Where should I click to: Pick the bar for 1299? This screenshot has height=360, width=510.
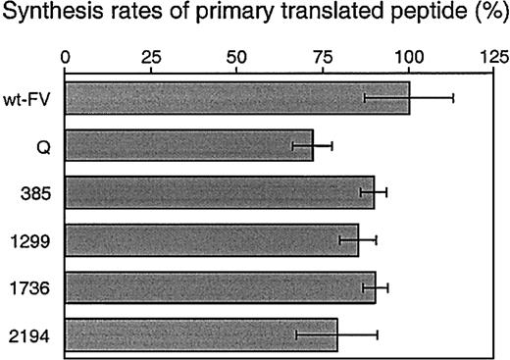coord(211,240)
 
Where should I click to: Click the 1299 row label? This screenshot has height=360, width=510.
coord(34,240)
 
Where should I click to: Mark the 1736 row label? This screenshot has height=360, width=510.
coord(34,287)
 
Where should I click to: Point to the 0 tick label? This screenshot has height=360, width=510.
coord(65,55)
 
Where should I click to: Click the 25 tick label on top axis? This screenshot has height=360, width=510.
coord(151,55)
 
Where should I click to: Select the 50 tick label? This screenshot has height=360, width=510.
coord(237,55)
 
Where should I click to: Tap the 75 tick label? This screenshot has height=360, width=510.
coord(324,55)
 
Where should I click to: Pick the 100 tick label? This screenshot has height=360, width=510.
coord(409,55)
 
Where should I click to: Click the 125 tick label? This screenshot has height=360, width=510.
coord(493,55)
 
